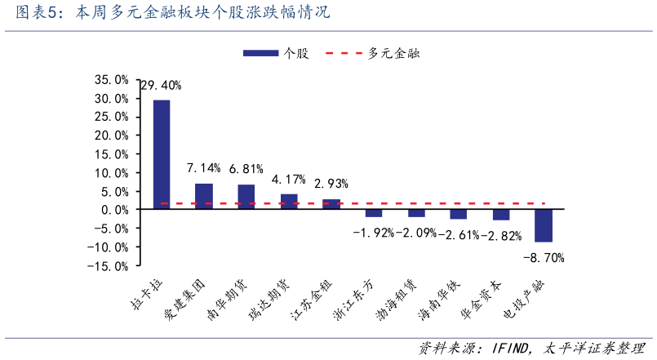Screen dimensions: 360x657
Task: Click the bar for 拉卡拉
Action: (x=162, y=154)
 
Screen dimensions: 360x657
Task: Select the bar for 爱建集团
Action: (x=204, y=196)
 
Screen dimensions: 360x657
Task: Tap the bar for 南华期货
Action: (x=246, y=197)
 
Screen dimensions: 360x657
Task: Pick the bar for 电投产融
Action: (x=544, y=225)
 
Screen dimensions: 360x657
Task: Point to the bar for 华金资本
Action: (x=501, y=215)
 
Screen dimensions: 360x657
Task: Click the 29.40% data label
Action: (x=161, y=85)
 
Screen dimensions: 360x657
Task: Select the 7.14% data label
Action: (x=203, y=168)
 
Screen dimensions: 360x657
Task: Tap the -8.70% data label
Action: (x=544, y=257)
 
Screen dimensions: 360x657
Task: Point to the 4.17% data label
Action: (x=289, y=179)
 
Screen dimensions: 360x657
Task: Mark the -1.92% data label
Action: (x=373, y=233)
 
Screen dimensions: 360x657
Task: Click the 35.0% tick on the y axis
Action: (x=111, y=80)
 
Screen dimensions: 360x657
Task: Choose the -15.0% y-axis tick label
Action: (x=109, y=265)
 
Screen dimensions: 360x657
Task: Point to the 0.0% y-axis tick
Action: (x=114, y=210)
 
